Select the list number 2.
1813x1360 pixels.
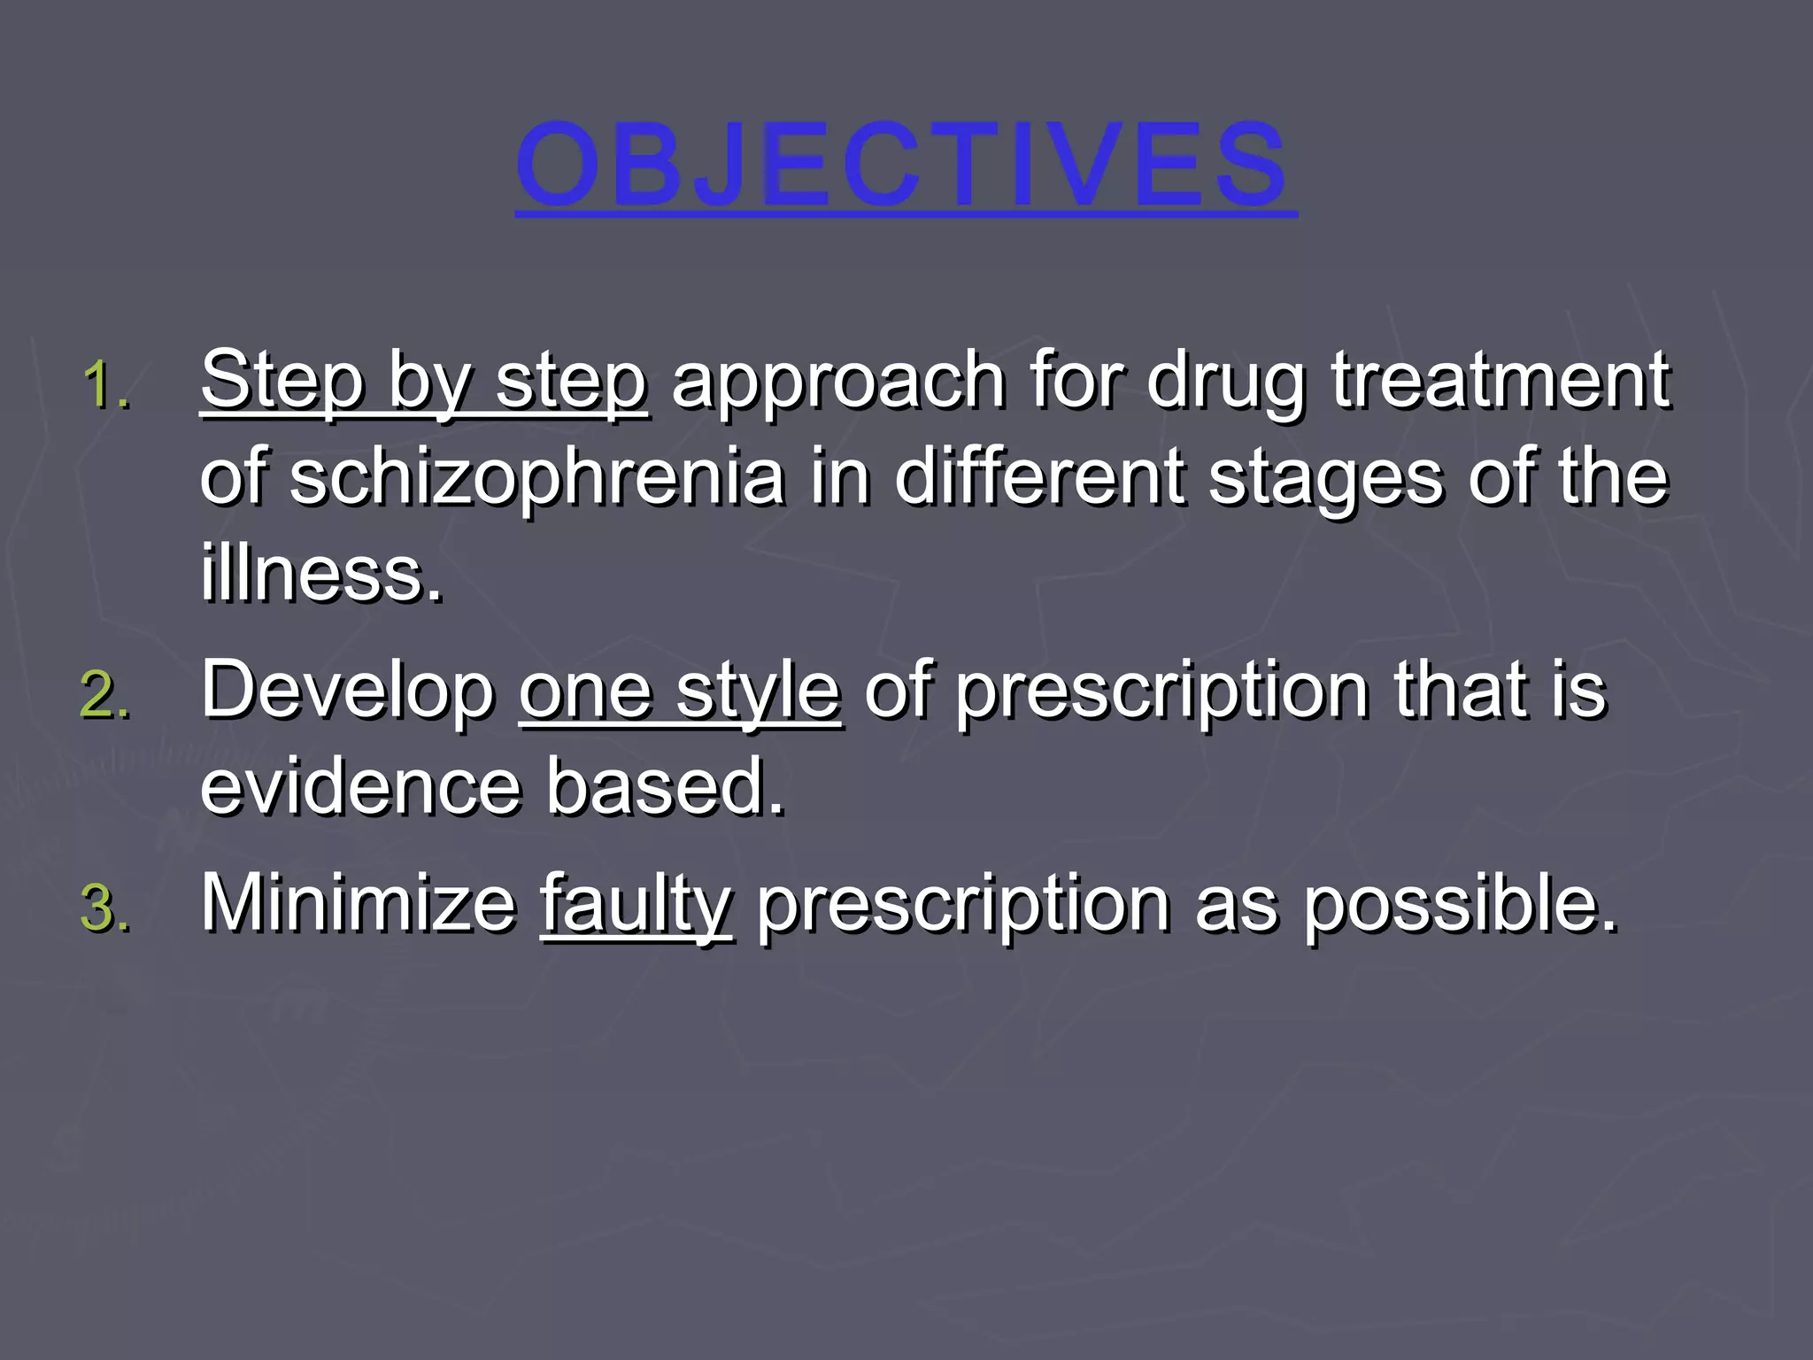point(104,695)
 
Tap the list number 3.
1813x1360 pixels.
point(104,909)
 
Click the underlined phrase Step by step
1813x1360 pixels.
point(423,382)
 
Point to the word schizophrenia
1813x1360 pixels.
point(536,478)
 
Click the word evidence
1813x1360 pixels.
point(360,786)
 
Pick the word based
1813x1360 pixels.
point(665,786)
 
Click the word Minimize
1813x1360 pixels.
point(359,905)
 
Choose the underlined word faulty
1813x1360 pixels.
point(636,905)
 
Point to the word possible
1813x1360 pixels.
point(1460,905)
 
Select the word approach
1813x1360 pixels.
point(837,382)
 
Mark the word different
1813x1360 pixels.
point(1039,478)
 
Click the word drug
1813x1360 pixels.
point(1225,382)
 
